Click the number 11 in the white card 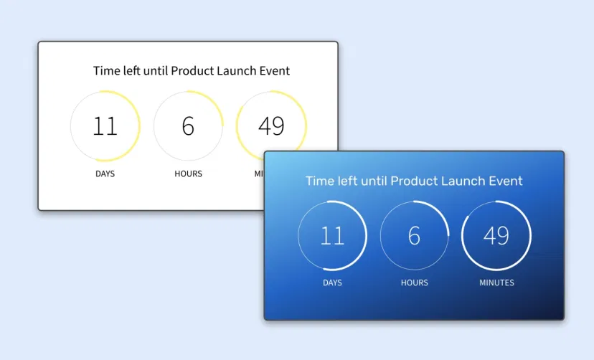click(x=105, y=126)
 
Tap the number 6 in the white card click(x=188, y=126)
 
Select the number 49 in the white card click(x=271, y=126)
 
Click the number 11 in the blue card click(x=332, y=235)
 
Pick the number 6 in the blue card click(x=414, y=235)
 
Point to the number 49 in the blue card click(x=496, y=235)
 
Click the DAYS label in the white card click(x=105, y=174)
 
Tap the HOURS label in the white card click(x=188, y=174)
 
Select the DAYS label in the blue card click(x=332, y=283)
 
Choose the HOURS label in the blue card click(x=414, y=283)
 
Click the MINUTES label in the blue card click(x=496, y=283)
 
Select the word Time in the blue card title click(x=319, y=181)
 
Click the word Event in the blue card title click(x=506, y=181)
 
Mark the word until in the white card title click(x=154, y=71)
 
